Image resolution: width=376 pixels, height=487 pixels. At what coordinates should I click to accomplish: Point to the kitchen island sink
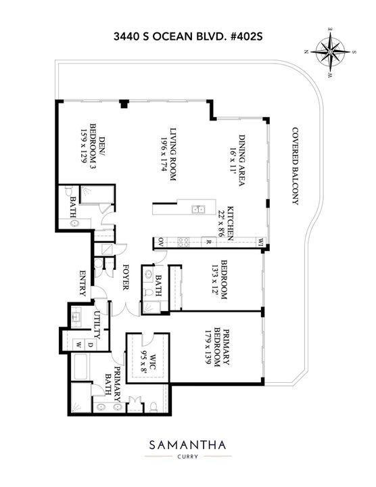pyautogui.click(x=197, y=209)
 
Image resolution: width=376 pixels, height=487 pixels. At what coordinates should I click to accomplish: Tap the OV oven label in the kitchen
pyautogui.click(x=162, y=240)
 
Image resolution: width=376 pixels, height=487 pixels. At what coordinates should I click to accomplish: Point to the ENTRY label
pyautogui.click(x=83, y=283)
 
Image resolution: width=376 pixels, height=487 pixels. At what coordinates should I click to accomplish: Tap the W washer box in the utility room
pyautogui.click(x=79, y=344)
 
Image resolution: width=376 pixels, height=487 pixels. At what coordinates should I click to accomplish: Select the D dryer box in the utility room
pyautogui.click(x=91, y=344)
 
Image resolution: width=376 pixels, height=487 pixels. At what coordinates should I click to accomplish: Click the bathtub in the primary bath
pyautogui.click(x=74, y=368)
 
